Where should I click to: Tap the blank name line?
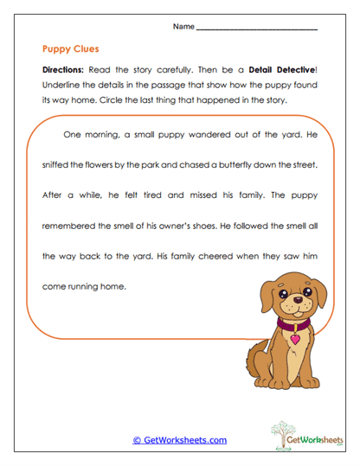coord(257,29)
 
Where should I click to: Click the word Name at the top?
coord(183,26)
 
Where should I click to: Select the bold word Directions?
coord(65,67)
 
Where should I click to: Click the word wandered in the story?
coord(196,134)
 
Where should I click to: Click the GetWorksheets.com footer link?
coord(179,440)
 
